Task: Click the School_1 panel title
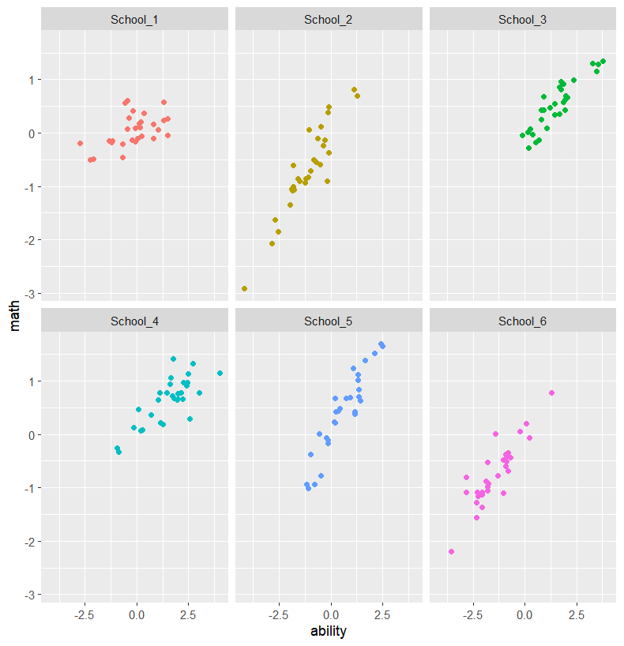coord(134,19)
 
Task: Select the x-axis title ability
coord(329,631)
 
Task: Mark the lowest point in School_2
coord(244,288)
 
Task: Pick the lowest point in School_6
coord(451,551)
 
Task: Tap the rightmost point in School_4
coord(220,373)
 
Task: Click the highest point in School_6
coord(551,392)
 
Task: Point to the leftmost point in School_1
coord(80,143)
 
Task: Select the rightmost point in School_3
coord(603,61)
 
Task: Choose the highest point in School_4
coord(173,359)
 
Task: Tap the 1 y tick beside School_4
coord(30,381)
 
